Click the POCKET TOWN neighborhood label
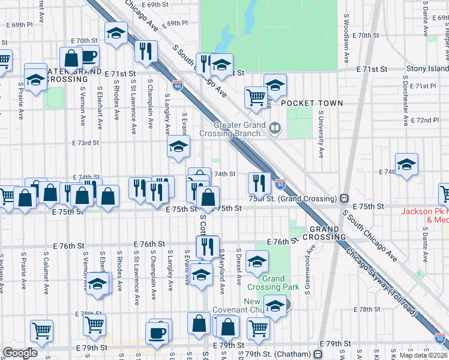click(312, 103)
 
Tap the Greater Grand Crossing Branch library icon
click(275, 127)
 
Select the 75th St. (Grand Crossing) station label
click(292, 199)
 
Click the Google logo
click(20, 353)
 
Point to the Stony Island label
click(427, 70)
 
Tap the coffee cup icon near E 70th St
click(89, 57)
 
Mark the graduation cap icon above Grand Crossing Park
click(257, 262)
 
